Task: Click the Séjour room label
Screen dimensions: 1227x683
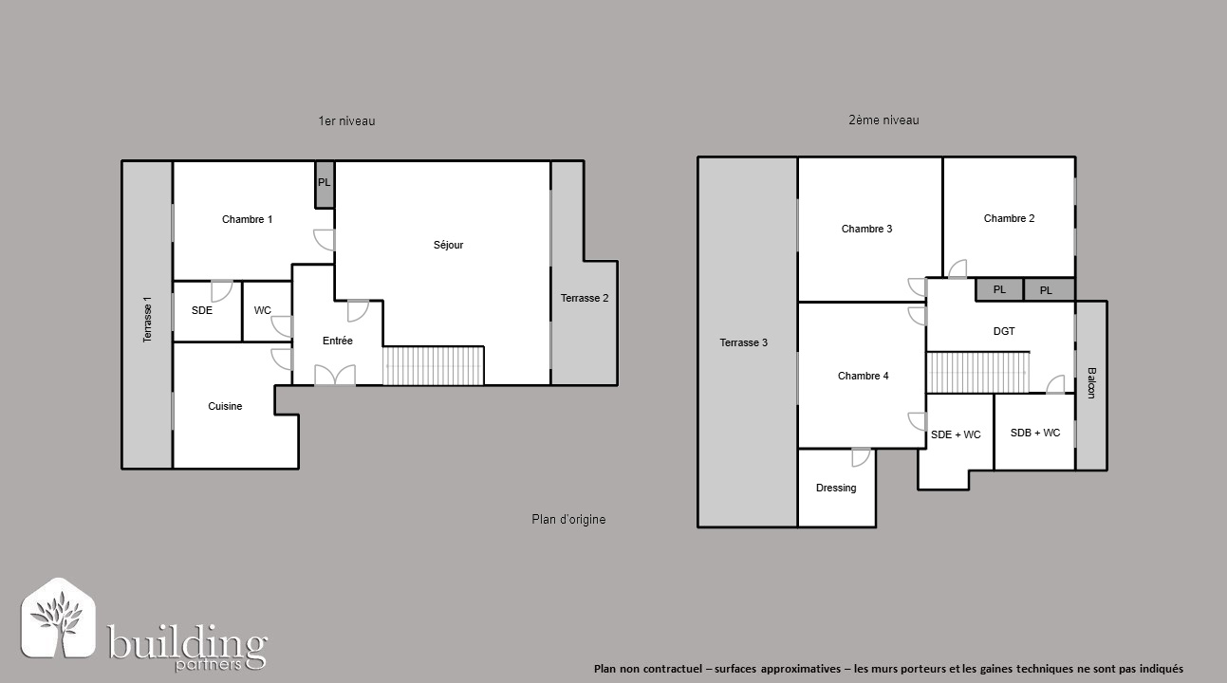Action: (448, 245)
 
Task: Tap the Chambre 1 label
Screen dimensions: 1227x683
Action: (247, 219)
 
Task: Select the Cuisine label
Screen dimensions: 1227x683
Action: (225, 406)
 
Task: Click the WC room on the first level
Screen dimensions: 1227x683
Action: (267, 311)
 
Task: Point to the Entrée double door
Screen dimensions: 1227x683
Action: (335, 376)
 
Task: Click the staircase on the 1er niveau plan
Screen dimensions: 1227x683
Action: (434, 365)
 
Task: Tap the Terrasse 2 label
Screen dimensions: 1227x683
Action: (585, 298)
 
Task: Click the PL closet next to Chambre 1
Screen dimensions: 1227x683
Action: (325, 185)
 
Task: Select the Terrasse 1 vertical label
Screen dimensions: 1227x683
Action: (147, 320)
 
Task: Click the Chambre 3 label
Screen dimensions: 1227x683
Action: (866, 229)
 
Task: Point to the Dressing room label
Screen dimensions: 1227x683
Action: (836, 488)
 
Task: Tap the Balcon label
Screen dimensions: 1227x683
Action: (1091, 383)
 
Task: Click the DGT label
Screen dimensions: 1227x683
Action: (1004, 331)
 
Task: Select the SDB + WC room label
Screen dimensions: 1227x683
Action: (1035, 433)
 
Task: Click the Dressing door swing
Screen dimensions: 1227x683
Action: (861, 457)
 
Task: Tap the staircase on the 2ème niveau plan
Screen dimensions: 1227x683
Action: (978, 373)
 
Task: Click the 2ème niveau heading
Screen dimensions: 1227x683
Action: (884, 120)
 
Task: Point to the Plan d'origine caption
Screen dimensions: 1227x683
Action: (568, 519)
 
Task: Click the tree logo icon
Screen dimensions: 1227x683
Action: (58, 618)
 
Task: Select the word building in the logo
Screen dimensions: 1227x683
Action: (187, 642)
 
